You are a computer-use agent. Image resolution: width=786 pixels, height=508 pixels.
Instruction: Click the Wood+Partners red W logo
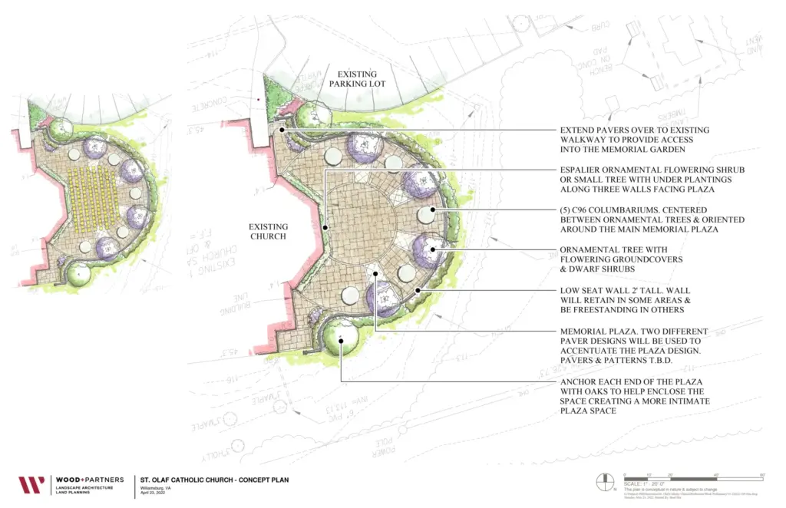coord(31,485)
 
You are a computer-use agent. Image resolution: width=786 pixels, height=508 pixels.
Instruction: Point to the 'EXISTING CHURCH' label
coord(268,231)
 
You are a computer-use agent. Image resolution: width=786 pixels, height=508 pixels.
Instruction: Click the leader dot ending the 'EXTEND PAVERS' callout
coord(283,130)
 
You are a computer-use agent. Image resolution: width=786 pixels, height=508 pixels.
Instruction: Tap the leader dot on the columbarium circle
coord(433,209)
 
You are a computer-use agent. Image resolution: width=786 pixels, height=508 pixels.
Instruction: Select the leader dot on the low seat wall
coord(417,290)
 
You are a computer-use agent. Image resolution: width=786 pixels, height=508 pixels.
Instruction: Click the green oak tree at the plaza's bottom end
coord(342,337)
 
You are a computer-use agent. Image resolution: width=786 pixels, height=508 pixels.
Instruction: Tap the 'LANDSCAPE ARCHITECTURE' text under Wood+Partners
coord(84,488)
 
